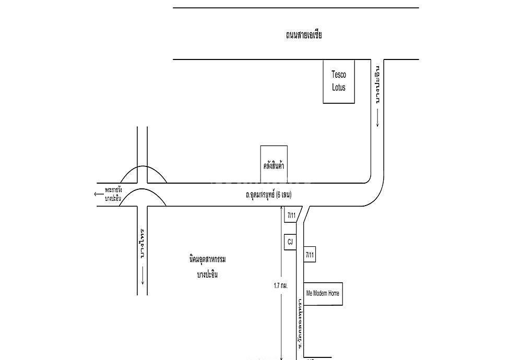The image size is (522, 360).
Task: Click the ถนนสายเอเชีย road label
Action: pos(304,35)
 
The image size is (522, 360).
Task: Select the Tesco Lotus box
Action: pos(339,81)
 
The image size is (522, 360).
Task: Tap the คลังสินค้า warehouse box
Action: pos(274,164)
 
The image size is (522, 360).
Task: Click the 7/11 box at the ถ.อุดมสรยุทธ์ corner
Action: pos(291,215)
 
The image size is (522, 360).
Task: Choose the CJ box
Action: pos(290,243)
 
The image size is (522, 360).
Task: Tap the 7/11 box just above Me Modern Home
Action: pos(310,255)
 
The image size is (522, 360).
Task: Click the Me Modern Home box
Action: pos(323,293)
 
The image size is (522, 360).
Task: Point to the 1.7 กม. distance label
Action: pos(281,286)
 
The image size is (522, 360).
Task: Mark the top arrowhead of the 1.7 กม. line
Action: pos(281,209)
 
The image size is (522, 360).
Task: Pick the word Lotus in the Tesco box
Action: pos(339,88)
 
